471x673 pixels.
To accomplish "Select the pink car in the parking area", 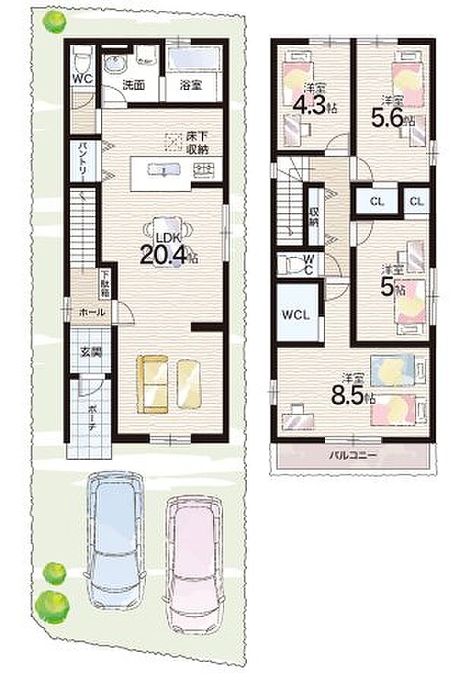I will pos(194,560).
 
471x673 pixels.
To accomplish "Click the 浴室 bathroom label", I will pos(190,86).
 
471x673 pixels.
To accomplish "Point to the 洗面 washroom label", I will pos(134,86).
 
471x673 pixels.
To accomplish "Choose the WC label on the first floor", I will pos(82,78).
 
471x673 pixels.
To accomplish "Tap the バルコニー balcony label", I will pos(353,456).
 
